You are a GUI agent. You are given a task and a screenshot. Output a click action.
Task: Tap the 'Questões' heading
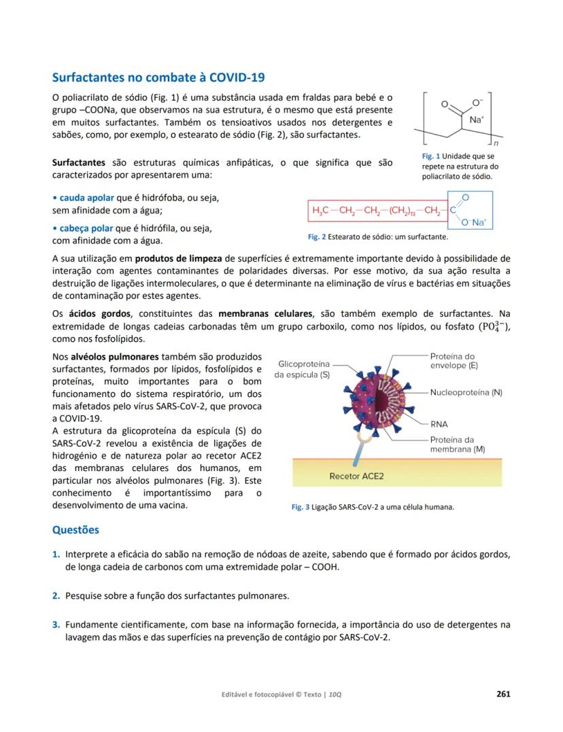(x=75, y=529)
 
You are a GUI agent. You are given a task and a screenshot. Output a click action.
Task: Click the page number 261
(x=503, y=694)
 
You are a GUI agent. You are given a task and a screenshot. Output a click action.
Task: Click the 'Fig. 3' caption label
(x=300, y=507)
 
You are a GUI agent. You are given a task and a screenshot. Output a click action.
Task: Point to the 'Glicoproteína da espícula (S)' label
(x=302, y=369)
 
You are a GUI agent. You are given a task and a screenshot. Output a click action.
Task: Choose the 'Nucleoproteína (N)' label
(x=466, y=393)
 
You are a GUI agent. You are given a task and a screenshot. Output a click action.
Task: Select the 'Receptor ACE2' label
(x=356, y=476)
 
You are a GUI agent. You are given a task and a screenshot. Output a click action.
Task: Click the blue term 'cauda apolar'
(x=82, y=198)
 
